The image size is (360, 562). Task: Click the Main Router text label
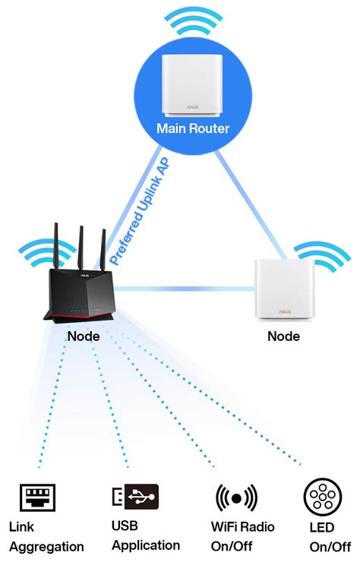click(193, 128)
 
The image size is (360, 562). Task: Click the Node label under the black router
click(83, 335)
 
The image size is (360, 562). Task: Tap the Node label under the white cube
click(283, 336)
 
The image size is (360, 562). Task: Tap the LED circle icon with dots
click(321, 497)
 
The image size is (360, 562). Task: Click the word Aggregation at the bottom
click(46, 546)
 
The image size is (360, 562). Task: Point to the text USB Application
click(145, 535)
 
